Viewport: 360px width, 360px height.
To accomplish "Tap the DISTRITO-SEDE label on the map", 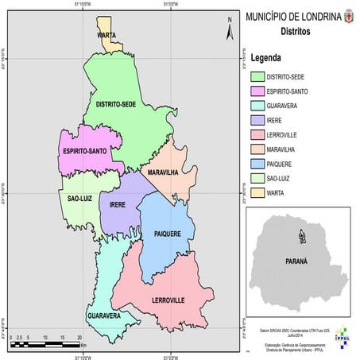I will pos(116,104).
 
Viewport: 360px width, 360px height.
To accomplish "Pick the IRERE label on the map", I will pos(110,204).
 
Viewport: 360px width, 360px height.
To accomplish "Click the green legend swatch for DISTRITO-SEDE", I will pos(257,77).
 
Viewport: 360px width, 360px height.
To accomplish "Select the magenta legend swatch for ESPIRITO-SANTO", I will pos(257,92).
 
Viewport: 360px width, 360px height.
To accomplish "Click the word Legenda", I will pos(267,58).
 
